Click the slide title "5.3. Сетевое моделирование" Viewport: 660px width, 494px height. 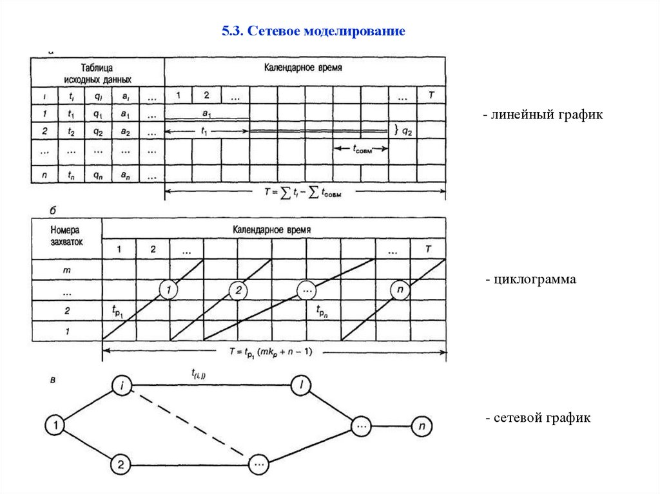pyautogui.click(x=313, y=31)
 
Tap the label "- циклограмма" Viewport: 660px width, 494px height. pyautogui.click(x=530, y=280)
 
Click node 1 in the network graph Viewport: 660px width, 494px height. pyautogui.click(x=56, y=425)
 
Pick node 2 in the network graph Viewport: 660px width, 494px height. pyautogui.click(x=121, y=463)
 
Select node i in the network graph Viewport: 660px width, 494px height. pyautogui.click(x=122, y=385)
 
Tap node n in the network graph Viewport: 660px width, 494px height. pyautogui.click(x=422, y=426)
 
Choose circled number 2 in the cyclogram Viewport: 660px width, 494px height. pyautogui.click(x=238, y=290)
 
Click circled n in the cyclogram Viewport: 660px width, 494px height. pyautogui.click(x=400, y=290)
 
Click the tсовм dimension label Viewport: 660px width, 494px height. pyautogui.click(x=361, y=147)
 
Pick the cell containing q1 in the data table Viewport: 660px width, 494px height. pyautogui.click(x=97, y=115)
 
